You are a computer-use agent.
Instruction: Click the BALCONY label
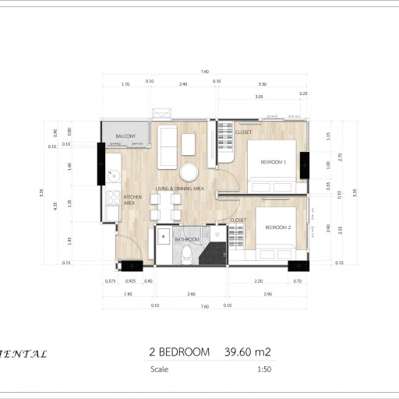[x=127, y=136]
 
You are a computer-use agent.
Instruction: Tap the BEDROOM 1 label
[x=273, y=161]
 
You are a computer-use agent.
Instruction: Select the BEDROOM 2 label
[x=277, y=228]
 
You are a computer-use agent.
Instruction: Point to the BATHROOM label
[x=187, y=239]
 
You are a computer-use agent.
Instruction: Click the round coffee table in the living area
[x=189, y=172]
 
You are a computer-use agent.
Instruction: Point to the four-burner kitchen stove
[x=111, y=210]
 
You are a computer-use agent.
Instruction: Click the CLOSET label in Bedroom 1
[x=243, y=132]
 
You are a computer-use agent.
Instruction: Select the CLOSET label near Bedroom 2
[x=238, y=221]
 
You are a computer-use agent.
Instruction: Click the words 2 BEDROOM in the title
[x=178, y=352]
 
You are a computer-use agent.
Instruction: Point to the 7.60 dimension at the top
[x=204, y=72]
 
